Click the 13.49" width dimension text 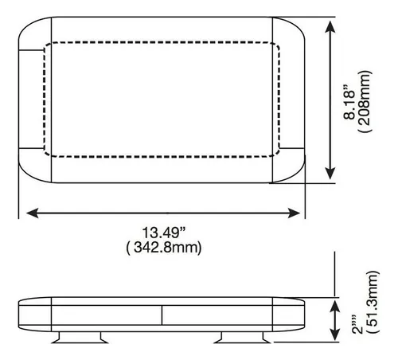[x=162, y=233]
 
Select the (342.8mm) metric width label [x=162, y=248]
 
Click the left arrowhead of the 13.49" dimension [x=32, y=212]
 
